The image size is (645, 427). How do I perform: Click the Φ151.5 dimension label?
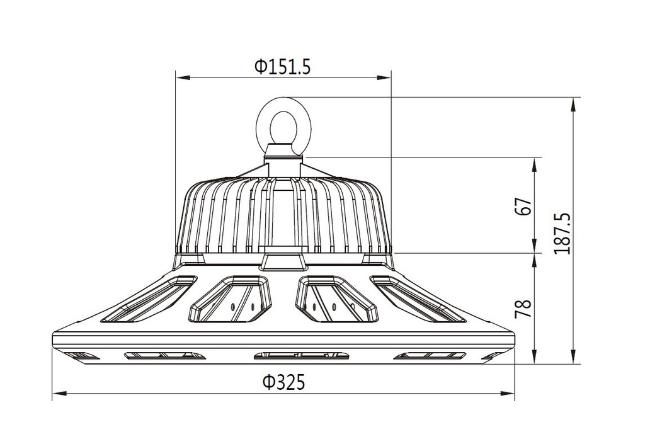282,67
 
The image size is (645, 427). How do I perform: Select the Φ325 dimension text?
283,382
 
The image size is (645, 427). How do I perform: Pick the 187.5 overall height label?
562,232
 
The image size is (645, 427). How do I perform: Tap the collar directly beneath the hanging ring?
283,152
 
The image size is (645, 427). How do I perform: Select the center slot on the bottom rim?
302,356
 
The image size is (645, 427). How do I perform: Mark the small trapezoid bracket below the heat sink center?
282,261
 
